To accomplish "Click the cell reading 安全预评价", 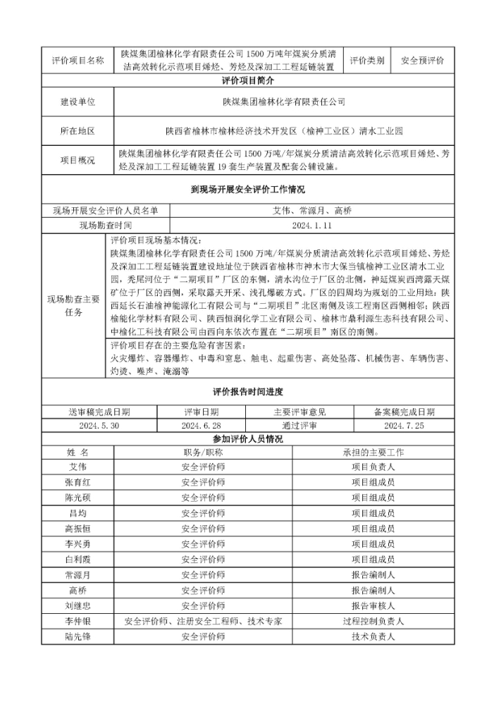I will tap(423, 61).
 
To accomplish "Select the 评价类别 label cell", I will tap(366, 61).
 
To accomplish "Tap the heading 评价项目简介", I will tap(247, 81).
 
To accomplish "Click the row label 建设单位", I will tap(77, 102).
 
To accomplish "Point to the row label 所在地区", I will tap(77, 131).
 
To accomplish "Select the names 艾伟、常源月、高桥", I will tap(311, 211).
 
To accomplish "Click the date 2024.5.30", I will tap(99, 426).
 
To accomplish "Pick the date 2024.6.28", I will tap(202, 426).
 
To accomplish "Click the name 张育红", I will tap(77, 482).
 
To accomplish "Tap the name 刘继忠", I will tap(77, 605).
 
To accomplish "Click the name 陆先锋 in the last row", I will tap(77, 636).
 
